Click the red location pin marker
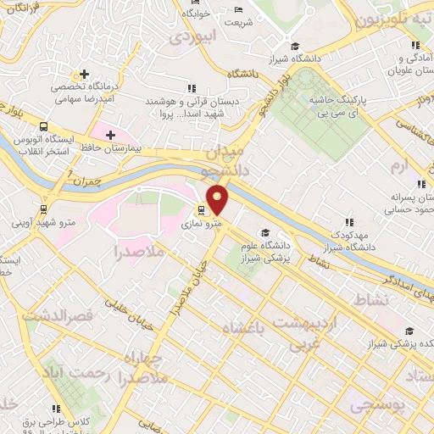[x=218, y=199]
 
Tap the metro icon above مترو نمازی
[x=201, y=210]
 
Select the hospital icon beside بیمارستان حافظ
[x=110, y=134]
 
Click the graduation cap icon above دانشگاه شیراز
[x=294, y=47]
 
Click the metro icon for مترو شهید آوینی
[x=42, y=209]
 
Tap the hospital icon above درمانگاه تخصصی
[x=82, y=74]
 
